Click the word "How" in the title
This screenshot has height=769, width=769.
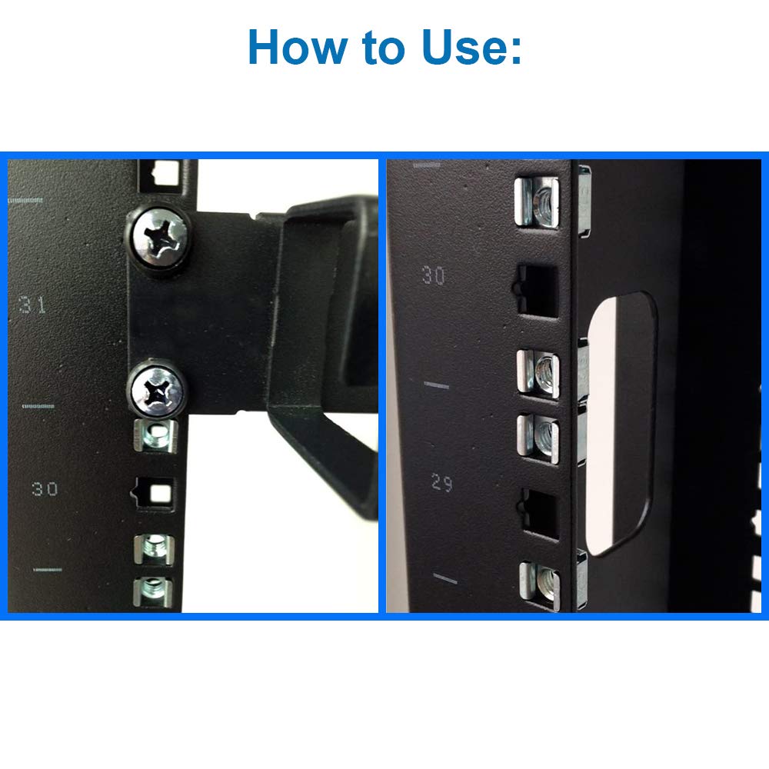coord(296,47)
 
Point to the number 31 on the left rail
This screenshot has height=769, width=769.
coord(33,305)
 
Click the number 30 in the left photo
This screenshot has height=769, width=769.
coord(45,488)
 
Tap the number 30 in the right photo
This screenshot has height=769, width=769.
coord(434,275)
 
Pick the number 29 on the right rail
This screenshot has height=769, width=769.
coord(442,483)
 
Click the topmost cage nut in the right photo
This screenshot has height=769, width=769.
coord(537,201)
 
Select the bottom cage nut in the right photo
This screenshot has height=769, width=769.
coord(540,585)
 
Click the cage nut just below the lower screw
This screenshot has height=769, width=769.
coord(156,435)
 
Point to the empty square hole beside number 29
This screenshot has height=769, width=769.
coord(541,514)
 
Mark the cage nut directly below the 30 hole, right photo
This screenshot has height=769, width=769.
coord(538,373)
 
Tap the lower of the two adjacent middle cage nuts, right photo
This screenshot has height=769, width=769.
coord(538,438)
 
